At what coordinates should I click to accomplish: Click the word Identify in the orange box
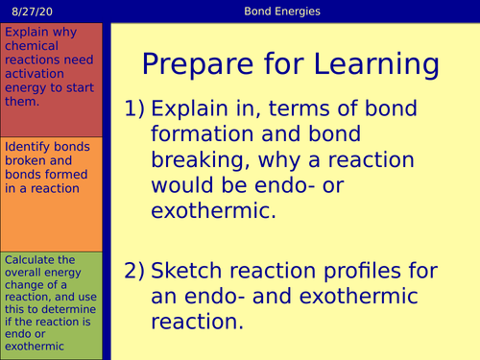pos(26,148)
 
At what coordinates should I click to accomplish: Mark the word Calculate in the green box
pos(26,260)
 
